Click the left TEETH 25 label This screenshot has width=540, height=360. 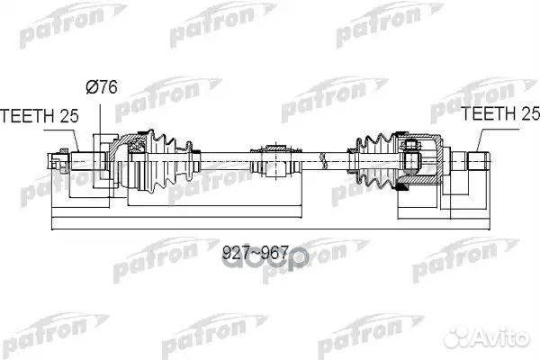38,114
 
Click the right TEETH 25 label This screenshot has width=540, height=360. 498,114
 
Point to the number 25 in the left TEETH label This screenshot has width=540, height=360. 67,114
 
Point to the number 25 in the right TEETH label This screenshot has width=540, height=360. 526,114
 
